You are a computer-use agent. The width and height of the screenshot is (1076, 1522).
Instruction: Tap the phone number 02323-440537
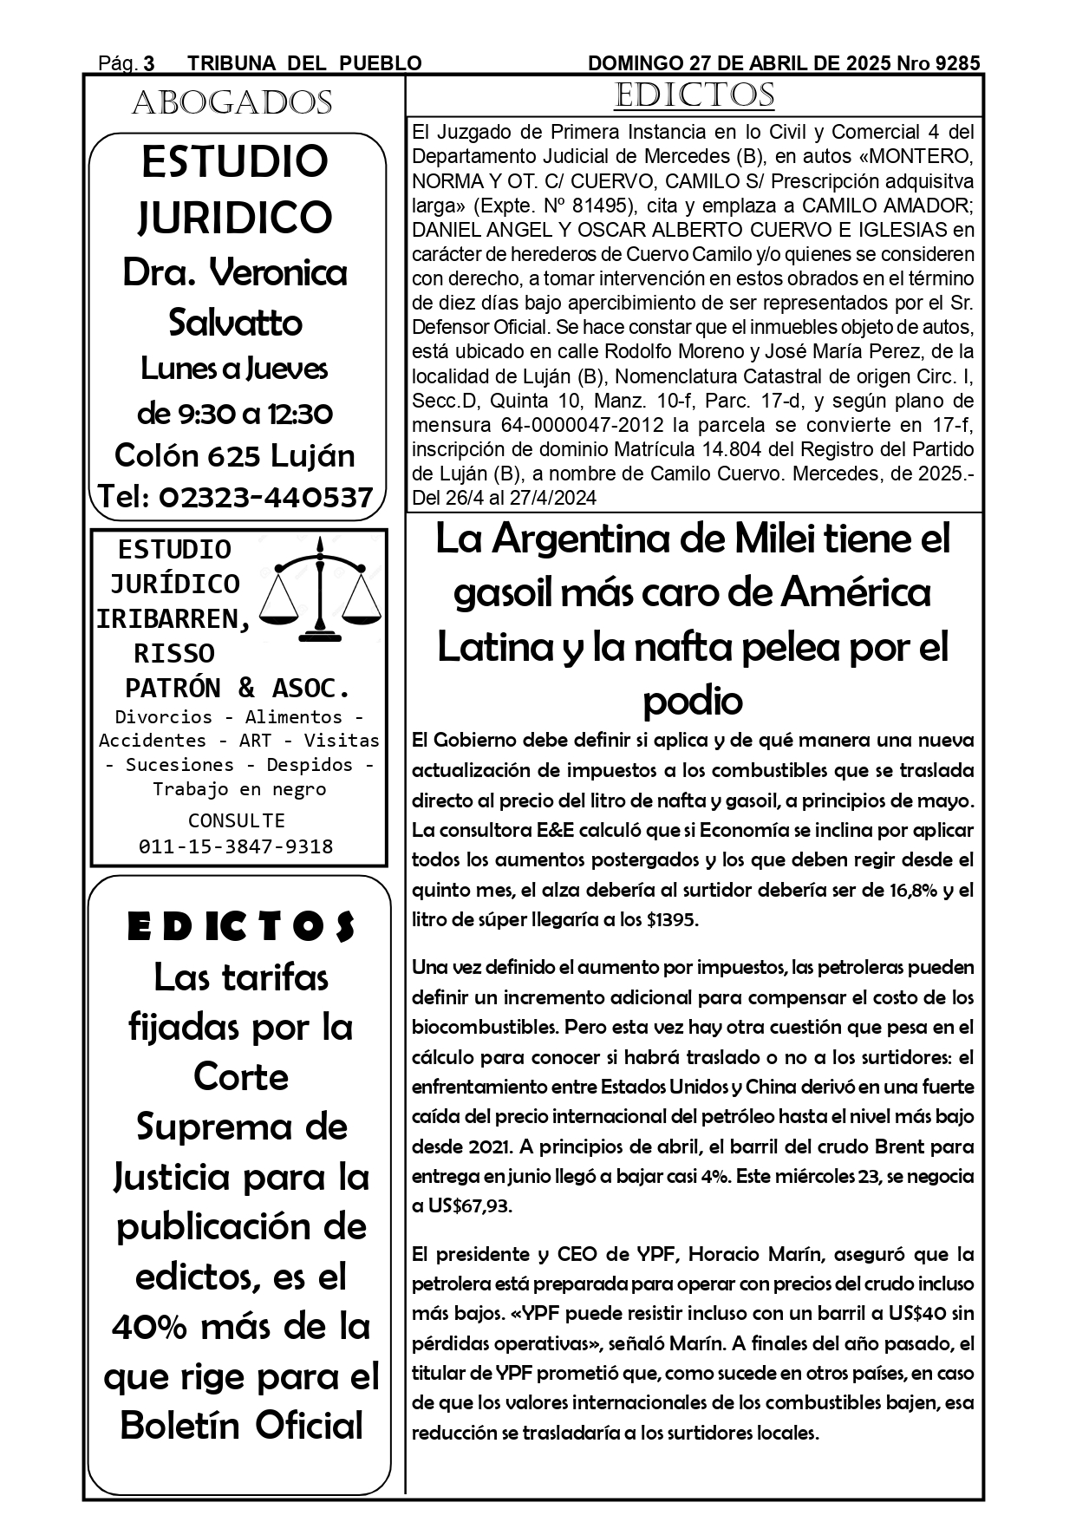(x=266, y=497)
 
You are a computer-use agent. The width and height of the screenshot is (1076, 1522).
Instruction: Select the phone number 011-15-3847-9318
(x=236, y=846)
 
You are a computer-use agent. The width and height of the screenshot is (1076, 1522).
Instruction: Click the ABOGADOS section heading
(x=232, y=103)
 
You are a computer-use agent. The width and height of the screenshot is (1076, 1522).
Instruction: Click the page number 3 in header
(x=149, y=63)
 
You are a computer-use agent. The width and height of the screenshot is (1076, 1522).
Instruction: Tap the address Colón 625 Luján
(x=234, y=455)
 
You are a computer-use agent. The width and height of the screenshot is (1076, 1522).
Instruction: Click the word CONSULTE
(x=236, y=820)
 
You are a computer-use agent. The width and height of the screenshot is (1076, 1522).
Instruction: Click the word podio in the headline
(x=692, y=701)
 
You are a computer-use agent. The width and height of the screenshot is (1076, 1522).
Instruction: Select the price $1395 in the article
(x=671, y=919)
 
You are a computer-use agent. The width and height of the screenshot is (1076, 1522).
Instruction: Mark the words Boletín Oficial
(x=241, y=1426)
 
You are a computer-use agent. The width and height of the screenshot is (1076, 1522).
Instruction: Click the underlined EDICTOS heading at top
(x=694, y=95)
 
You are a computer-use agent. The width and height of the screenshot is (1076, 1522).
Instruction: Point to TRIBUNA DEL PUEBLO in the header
(x=304, y=63)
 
